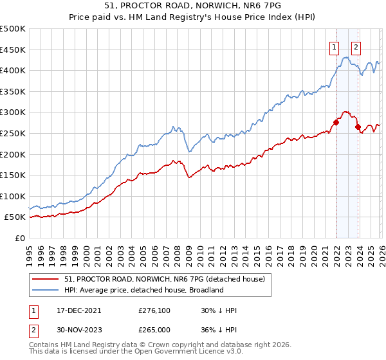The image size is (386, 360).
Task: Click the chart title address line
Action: point(192,5)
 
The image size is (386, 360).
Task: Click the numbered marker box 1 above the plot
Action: point(335,46)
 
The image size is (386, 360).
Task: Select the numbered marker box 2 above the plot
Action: point(356,46)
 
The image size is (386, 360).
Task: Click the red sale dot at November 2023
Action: point(358,127)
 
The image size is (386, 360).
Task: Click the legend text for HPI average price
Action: point(143,290)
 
